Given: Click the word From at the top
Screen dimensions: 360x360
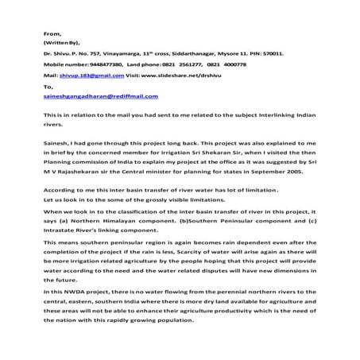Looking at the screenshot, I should tap(52, 34).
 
